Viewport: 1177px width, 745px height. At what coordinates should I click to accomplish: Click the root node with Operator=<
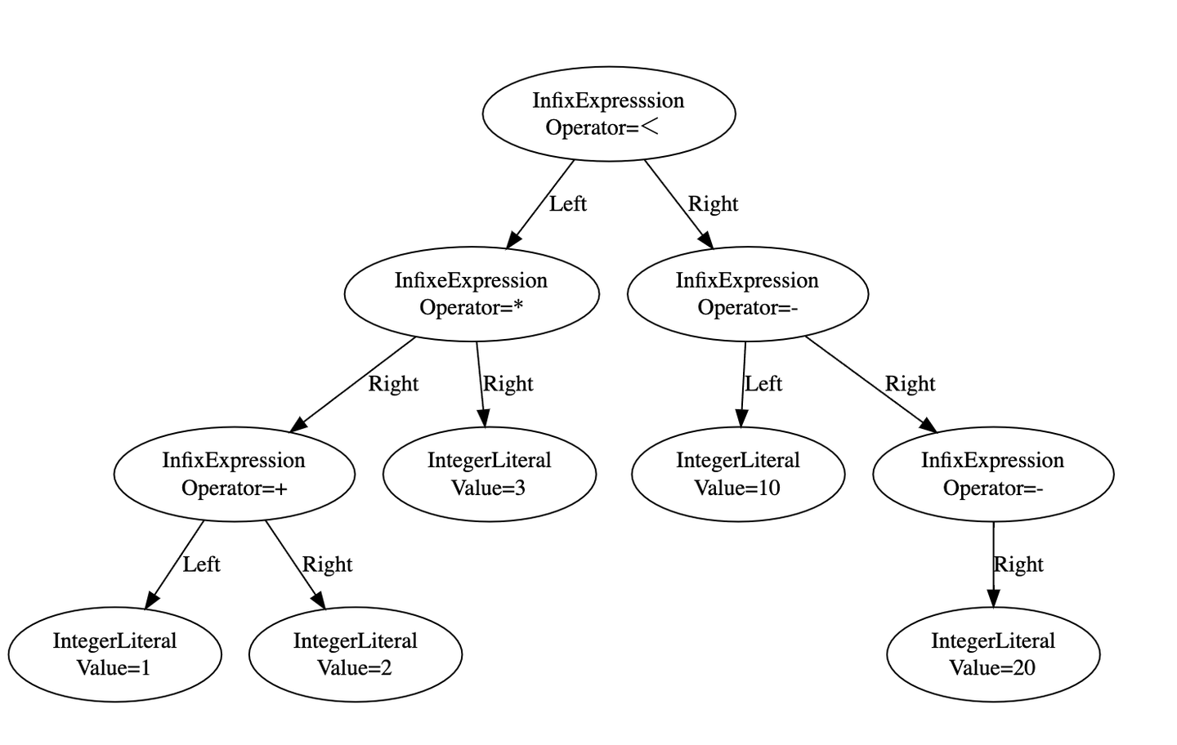tap(609, 114)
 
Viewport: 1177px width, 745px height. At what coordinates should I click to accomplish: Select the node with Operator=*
tap(472, 294)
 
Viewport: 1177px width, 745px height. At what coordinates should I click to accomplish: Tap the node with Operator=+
tap(234, 474)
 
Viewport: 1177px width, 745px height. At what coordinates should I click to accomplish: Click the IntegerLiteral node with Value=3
tap(490, 474)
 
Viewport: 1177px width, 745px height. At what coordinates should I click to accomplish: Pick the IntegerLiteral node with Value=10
tap(738, 474)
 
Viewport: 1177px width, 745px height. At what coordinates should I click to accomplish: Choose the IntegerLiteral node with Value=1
tap(114, 654)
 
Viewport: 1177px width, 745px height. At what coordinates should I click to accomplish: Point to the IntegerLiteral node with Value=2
tap(356, 654)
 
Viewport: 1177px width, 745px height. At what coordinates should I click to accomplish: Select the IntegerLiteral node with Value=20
tap(993, 654)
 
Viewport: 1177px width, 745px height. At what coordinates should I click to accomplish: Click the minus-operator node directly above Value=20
tap(993, 474)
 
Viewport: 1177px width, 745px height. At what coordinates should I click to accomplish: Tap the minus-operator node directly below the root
tap(747, 294)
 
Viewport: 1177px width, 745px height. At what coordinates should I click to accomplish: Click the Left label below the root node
tap(567, 204)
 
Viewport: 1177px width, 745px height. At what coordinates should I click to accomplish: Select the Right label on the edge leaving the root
tap(713, 204)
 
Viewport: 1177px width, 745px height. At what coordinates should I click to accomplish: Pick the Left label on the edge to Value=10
tap(763, 384)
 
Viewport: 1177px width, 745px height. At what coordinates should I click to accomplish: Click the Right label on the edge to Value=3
tap(508, 384)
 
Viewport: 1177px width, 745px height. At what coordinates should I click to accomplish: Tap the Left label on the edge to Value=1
tap(201, 564)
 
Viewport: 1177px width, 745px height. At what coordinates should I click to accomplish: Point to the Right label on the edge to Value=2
tap(327, 564)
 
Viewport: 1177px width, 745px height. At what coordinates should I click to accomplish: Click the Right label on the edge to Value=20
tap(1018, 564)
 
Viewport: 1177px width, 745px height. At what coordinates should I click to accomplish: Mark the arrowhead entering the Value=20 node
tap(993, 600)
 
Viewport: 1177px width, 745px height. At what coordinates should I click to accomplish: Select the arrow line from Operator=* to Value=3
tap(481, 376)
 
